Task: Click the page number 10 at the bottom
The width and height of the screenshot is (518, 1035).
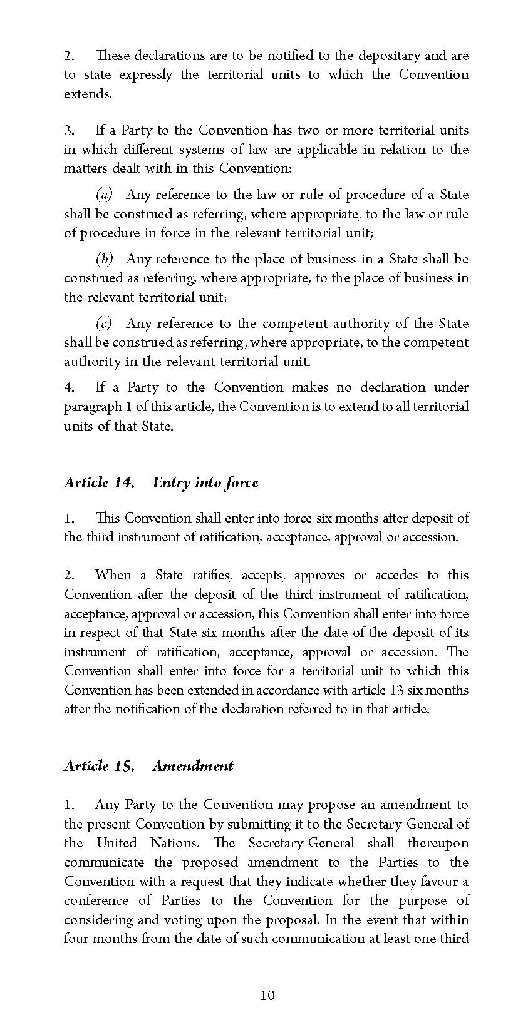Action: pyautogui.click(x=267, y=996)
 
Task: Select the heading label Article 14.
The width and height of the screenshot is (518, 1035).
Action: pyautogui.click(x=99, y=482)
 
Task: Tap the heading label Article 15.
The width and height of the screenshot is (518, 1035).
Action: pyautogui.click(x=99, y=766)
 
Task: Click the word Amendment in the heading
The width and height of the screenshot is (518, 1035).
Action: pyautogui.click(x=192, y=766)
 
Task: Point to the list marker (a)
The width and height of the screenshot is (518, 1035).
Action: pyautogui.click(x=104, y=195)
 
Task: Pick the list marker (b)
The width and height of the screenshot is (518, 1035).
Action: pyautogui.click(x=104, y=259)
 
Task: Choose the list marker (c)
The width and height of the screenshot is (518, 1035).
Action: pyautogui.click(x=104, y=324)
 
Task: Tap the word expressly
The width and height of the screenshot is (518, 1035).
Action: pyautogui.click(x=145, y=75)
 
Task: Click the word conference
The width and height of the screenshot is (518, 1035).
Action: pyautogui.click(x=94, y=900)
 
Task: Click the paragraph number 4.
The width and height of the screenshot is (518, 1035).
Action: pyautogui.click(x=68, y=387)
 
